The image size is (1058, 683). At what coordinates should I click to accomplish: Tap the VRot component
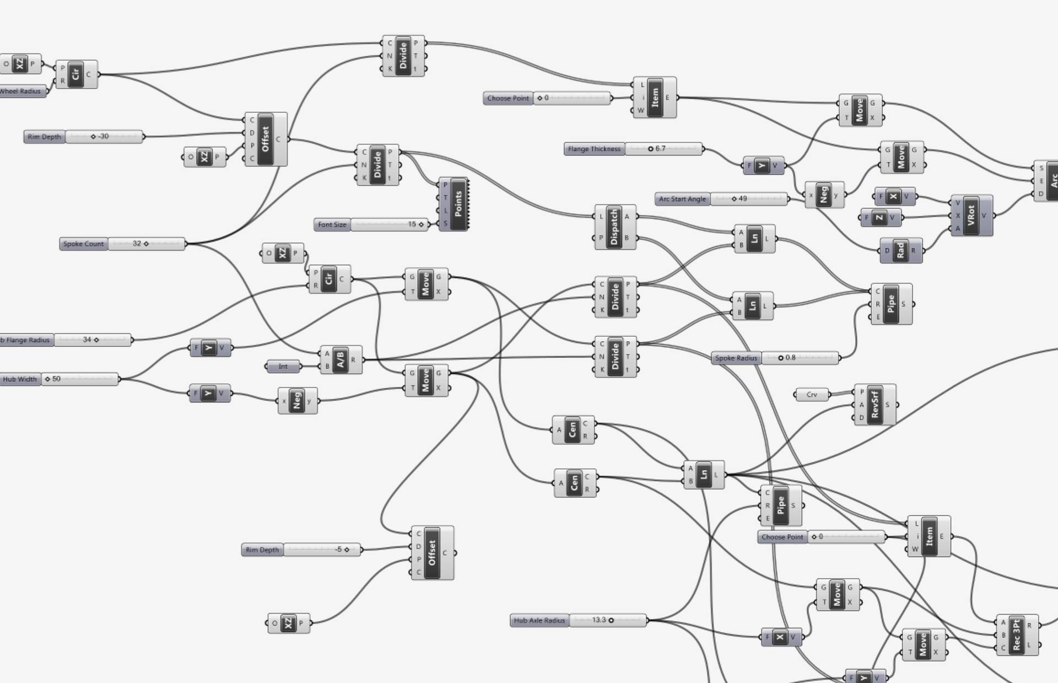(971, 216)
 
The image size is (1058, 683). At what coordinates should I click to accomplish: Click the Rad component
(900, 250)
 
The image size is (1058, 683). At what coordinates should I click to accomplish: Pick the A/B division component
(341, 360)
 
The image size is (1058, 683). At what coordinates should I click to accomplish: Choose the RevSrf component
(875, 405)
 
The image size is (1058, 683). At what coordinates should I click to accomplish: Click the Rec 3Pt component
(1017, 635)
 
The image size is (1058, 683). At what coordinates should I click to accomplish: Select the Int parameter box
(283, 366)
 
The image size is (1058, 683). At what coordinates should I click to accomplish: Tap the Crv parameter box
(812, 395)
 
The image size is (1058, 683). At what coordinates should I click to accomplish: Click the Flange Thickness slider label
(594, 149)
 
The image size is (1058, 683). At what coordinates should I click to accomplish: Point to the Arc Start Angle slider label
(682, 199)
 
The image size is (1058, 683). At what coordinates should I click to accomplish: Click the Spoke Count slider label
(83, 244)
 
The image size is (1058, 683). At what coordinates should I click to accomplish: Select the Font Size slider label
(332, 224)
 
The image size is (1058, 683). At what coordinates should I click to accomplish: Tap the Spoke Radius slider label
(736, 358)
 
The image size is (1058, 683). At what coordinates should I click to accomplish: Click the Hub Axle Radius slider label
(539, 621)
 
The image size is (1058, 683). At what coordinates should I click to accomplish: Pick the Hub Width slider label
(20, 379)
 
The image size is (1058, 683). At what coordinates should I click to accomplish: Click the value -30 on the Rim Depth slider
(103, 136)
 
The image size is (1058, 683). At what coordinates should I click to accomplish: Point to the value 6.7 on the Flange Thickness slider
(660, 148)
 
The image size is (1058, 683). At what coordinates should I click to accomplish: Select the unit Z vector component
(879, 218)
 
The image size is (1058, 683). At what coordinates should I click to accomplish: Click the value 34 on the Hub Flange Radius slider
(87, 340)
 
